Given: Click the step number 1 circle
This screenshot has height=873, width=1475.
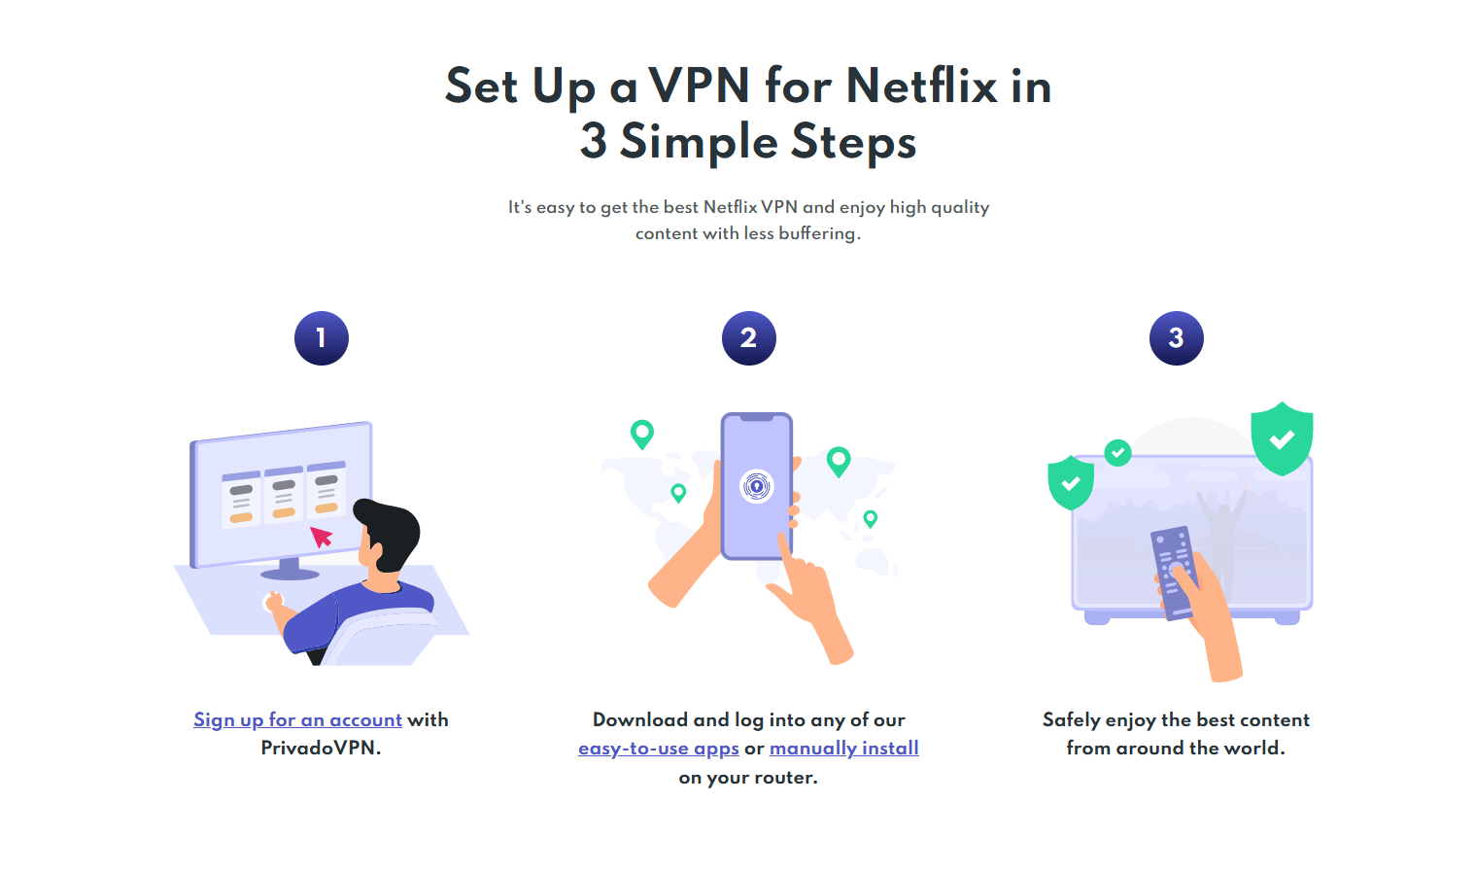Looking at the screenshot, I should pos(322,338).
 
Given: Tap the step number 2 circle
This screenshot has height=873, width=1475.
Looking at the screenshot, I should pos(749,338).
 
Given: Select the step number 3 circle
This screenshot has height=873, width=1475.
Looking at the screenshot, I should pos(1176,338).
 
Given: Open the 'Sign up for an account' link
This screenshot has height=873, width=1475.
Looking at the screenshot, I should pos(297,720).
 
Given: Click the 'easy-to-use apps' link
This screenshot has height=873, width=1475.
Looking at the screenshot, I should pos(659,749).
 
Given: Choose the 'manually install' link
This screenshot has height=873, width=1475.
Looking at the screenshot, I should pos(843,749).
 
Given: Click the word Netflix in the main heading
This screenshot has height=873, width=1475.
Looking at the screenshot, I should pos(921,86).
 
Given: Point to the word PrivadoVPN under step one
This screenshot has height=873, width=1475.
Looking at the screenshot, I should pos(320,749).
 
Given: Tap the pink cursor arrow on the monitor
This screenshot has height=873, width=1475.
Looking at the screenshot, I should pos(321,537).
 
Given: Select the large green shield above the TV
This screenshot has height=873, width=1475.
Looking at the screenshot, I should pos(1282,438).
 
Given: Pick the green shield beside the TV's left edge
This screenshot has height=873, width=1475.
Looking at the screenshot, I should pos(1071,483).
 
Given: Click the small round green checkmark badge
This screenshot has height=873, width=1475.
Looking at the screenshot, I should pos(1118,452).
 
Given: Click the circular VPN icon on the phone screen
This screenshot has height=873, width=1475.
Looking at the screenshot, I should pos(756,485).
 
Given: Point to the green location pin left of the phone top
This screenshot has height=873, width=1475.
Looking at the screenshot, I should pos(641,433).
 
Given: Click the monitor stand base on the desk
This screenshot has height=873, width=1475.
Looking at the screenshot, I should pos(290,573).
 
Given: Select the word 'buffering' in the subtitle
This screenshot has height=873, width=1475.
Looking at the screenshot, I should pos(818,233).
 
